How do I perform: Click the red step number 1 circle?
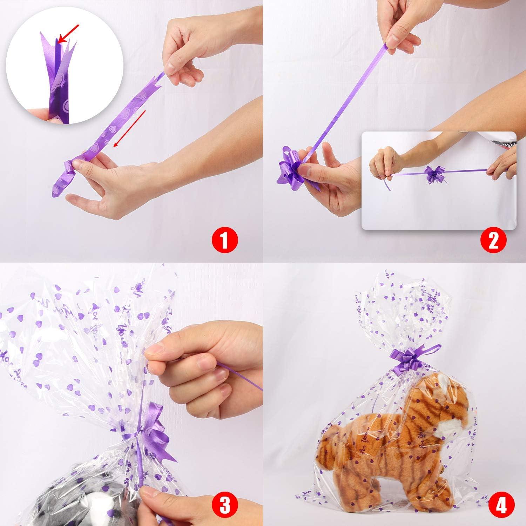224,241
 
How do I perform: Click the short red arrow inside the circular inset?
69,34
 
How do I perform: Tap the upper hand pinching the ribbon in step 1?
186,53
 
